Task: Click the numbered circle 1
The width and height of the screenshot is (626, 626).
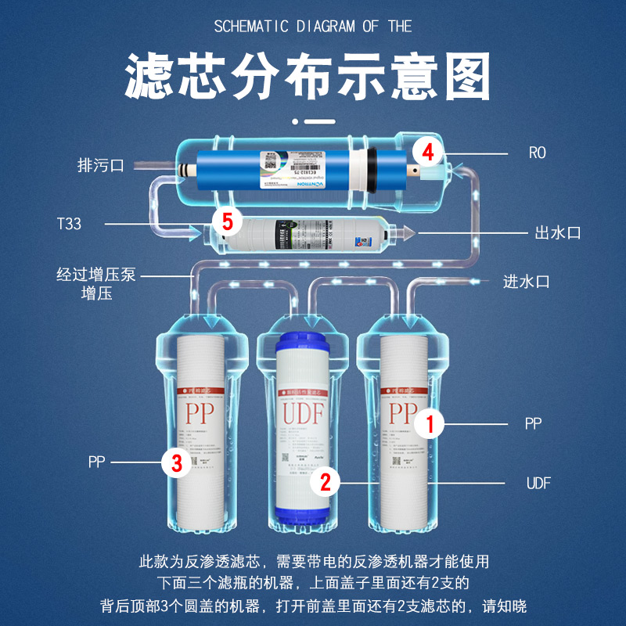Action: pyautogui.click(x=429, y=425)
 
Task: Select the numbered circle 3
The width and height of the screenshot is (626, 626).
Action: pyautogui.click(x=177, y=462)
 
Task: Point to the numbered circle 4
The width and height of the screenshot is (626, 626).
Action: pyautogui.click(x=427, y=151)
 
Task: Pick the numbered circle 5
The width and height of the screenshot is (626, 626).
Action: pyautogui.click(x=227, y=222)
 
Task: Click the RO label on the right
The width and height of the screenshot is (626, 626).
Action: pyautogui.click(x=537, y=153)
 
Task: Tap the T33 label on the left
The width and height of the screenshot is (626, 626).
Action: pyautogui.click(x=69, y=225)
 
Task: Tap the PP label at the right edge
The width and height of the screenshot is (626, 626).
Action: pyautogui.click(x=533, y=423)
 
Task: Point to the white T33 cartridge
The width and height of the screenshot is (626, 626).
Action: pyautogui.click(x=313, y=232)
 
